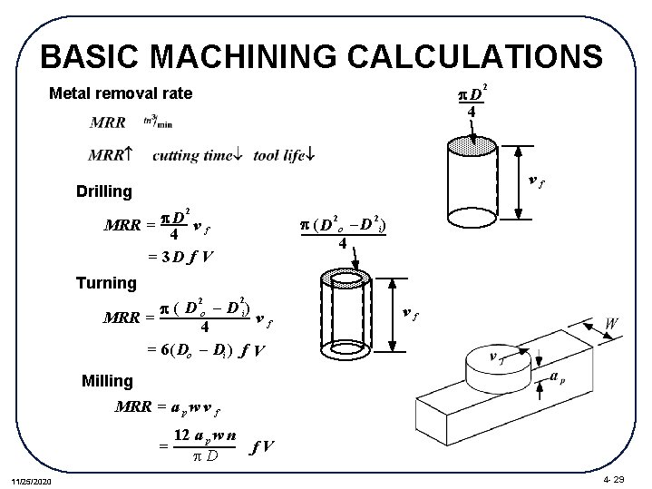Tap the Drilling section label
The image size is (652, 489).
104,191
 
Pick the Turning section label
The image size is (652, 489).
106,283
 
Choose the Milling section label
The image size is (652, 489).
107,380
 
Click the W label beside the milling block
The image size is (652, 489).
612,324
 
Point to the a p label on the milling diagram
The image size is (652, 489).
560,376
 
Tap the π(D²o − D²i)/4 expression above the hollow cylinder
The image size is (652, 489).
342,231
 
